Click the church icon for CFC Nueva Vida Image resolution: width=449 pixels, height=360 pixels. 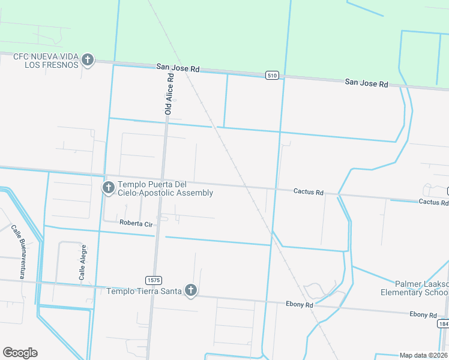pyautogui.click(x=88, y=59)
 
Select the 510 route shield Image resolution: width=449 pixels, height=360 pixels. pyautogui.click(x=273, y=75)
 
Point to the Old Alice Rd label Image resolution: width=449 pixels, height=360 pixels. pyautogui.click(x=169, y=95)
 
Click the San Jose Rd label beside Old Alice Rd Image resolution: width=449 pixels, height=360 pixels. pyautogui.click(x=178, y=68)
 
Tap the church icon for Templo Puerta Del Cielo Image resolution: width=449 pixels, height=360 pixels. pyautogui.click(x=109, y=188)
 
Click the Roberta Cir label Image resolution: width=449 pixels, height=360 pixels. pyautogui.click(x=136, y=223)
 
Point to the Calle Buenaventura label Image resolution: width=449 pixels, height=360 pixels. pyautogui.click(x=19, y=252)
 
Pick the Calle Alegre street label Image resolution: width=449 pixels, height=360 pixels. pyautogui.click(x=83, y=263)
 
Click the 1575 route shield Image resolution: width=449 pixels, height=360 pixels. pyautogui.click(x=153, y=280)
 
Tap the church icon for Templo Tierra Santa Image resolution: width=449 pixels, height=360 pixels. pyautogui.click(x=191, y=291)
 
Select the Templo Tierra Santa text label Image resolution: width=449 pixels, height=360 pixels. pyautogui.click(x=145, y=292)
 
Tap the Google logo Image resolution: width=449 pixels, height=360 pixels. pyautogui.click(x=20, y=352)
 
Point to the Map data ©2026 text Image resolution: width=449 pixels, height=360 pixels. pyautogui.click(x=424, y=355)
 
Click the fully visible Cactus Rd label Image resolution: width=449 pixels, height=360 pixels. pyautogui.click(x=309, y=192)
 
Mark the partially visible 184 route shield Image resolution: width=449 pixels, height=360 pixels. pyautogui.click(x=444, y=324)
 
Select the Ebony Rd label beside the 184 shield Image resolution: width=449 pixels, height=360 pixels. pyautogui.click(x=423, y=314)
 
